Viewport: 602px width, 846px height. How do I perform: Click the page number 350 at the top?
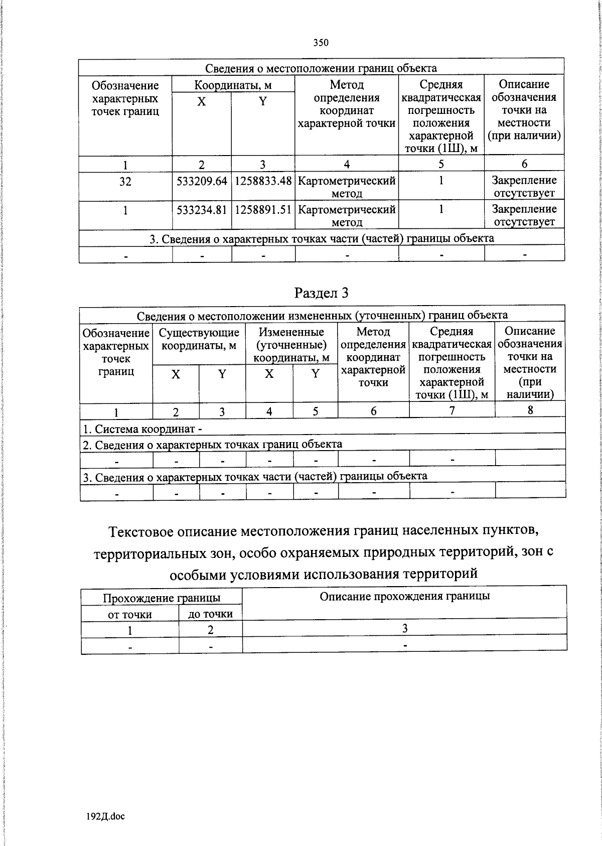click(321, 43)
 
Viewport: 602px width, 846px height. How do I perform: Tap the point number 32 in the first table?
click(125, 182)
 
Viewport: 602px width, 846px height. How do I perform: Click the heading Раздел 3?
click(321, 293)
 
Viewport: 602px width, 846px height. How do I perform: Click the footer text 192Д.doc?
click(106, 816)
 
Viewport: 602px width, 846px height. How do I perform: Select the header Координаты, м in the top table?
click(233, 85)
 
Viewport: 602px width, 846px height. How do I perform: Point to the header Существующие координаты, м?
click(199, 339)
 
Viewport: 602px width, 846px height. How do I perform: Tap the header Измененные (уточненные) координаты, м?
click(291, 345)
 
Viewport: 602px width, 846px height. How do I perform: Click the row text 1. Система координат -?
click(142, 429)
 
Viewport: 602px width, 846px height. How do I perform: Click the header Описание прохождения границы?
click(404, 596)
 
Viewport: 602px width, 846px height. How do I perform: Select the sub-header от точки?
click(129, 615)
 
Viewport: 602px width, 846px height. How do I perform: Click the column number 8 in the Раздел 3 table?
click(530, 410)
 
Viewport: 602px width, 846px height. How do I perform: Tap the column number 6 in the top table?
click(524, 164)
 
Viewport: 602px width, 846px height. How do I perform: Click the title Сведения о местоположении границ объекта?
click(321, 68)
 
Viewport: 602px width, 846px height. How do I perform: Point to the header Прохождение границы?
click(161, 598)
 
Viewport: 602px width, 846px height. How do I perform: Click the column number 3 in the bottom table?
click(404, 628)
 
